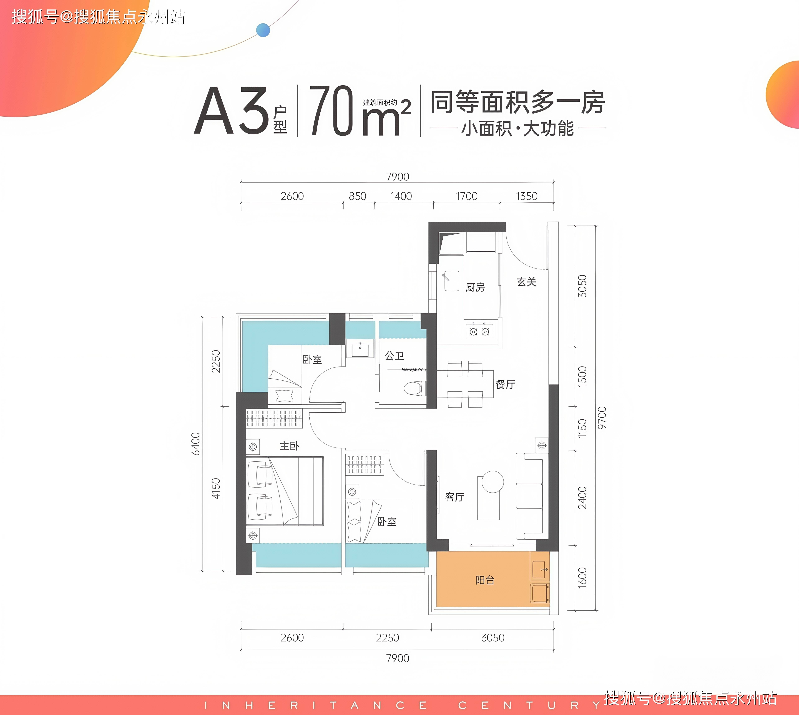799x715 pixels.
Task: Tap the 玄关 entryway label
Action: pyautogui.click(x=526, y=282)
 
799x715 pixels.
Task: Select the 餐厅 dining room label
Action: pyautogui.click(x=505, y=384)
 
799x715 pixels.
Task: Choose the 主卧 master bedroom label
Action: pyautogui.click(x=289, y=445)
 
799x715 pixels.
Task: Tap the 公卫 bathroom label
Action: pyautogui.click(x=394, y=355)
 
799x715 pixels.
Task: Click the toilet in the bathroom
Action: pyautogui.click(x=415, y=388)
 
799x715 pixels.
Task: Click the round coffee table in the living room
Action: pyautogui.click(x=493, y=481)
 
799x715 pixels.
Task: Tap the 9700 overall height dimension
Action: pyautogui.click(x=602, y=418)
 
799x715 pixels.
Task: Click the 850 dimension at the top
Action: pyautogui.click(x=357, y=196)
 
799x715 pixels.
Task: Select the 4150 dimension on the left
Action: pyautogui.click(x=216, y=488)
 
